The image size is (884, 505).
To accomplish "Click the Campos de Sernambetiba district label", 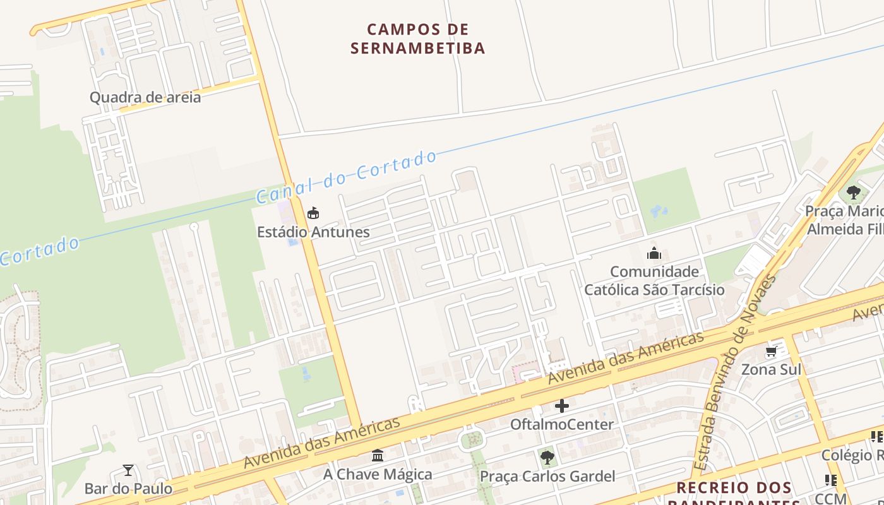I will click(x=417, y=39).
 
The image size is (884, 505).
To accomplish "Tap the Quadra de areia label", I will click(x=145, y=97).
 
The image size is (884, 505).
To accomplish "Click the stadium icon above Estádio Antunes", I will click(x=313, y=213).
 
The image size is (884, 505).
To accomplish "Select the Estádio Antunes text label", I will click(x=313, y=232).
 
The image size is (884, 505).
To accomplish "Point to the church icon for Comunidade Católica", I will click(x=654, y=254).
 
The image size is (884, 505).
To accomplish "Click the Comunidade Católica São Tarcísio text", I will click(x=654, y=281).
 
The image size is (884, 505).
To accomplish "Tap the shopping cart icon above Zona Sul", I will click(x=771, y=352).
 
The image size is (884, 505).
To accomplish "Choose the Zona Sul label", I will click(x=771, y=369).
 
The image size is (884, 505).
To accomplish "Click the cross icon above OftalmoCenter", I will click(x=562, y=406).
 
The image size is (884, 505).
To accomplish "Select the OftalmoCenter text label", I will click(x=562, y=424).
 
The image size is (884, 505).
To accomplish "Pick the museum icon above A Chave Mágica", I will click(x=378, y=455).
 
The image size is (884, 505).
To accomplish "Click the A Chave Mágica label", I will click(x=378, y=474).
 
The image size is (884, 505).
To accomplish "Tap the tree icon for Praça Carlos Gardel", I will click(x=547, y=458).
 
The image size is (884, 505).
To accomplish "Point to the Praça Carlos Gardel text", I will click(x=547, y=476).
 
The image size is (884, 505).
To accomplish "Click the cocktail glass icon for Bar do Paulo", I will click(x=128, y=470).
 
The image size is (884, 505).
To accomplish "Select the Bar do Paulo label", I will click(x=128, y=489).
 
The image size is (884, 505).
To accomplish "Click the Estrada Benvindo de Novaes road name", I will click(x=734, y=372).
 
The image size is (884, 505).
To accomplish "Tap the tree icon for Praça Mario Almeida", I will click(x=854, y=192).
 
